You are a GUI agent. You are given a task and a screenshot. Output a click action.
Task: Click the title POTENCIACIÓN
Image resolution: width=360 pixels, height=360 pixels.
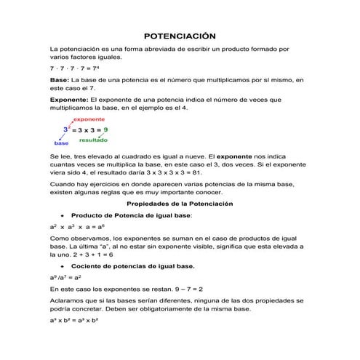(180, 36)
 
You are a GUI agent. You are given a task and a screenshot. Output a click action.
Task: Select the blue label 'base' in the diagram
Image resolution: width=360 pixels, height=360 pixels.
(60, 144)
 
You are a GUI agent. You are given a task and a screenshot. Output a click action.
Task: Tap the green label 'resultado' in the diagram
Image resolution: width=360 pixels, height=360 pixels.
(94, 140)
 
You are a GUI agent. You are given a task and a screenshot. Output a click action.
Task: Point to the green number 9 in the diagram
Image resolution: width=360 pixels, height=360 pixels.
(105, 129)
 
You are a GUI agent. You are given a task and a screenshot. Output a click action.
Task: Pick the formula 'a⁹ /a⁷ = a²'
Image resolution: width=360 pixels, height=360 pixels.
(65, 278)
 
